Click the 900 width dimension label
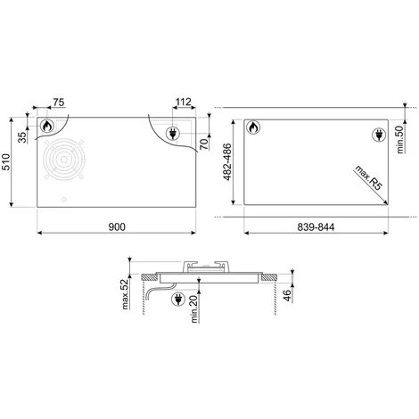(117, 226)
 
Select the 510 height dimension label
(6, 162)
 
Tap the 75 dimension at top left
(59, 103)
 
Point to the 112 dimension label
(183, 102)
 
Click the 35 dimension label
(22, 137)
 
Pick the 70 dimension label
(204, 144)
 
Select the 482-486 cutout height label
(227, 162)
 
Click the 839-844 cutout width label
(316, 227)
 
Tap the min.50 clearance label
(400, 139)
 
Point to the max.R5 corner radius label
(369, 177)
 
